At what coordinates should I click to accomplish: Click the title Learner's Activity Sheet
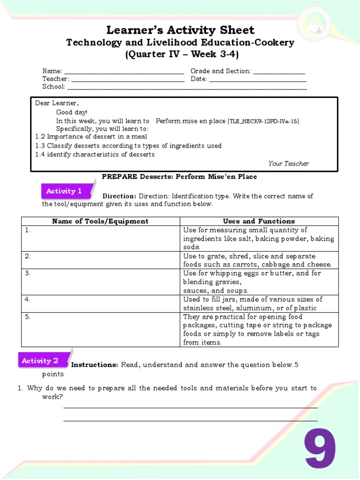pyautogui.click(x=180, y=30)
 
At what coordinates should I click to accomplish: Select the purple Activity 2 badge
pyautogui.click(x=40, y=360)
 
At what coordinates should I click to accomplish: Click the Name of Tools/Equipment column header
pyautogui.click(x=100, y=221)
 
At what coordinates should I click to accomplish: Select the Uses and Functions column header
pyautogui.click(x=259, y=221)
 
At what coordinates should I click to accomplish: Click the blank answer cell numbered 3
pyautogui.click(x=100, y=282)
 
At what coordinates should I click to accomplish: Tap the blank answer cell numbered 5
pyautogui.click(x=100, y=330)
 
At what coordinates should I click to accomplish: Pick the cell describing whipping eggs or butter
pyautogui.click(x=259, y=282)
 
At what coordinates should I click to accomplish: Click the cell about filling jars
pyautogui.click(x=259, y=304)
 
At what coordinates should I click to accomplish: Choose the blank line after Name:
pyautogui.click(x=124, y=72)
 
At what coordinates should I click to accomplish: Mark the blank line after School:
pyautogui.click(x=187, y=87)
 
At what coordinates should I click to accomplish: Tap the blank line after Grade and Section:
pyautogui.click(x=279, y=72)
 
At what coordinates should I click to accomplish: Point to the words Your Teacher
pyautogui.click(x=289, y=164)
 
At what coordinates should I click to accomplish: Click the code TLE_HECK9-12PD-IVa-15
pyautogui.click(x=264, y=121)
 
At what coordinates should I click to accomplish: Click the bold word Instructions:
pyautogui.click(x=94, y=365)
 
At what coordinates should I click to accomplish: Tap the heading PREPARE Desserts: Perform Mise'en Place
pyautogui.click(x=180, y=177)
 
